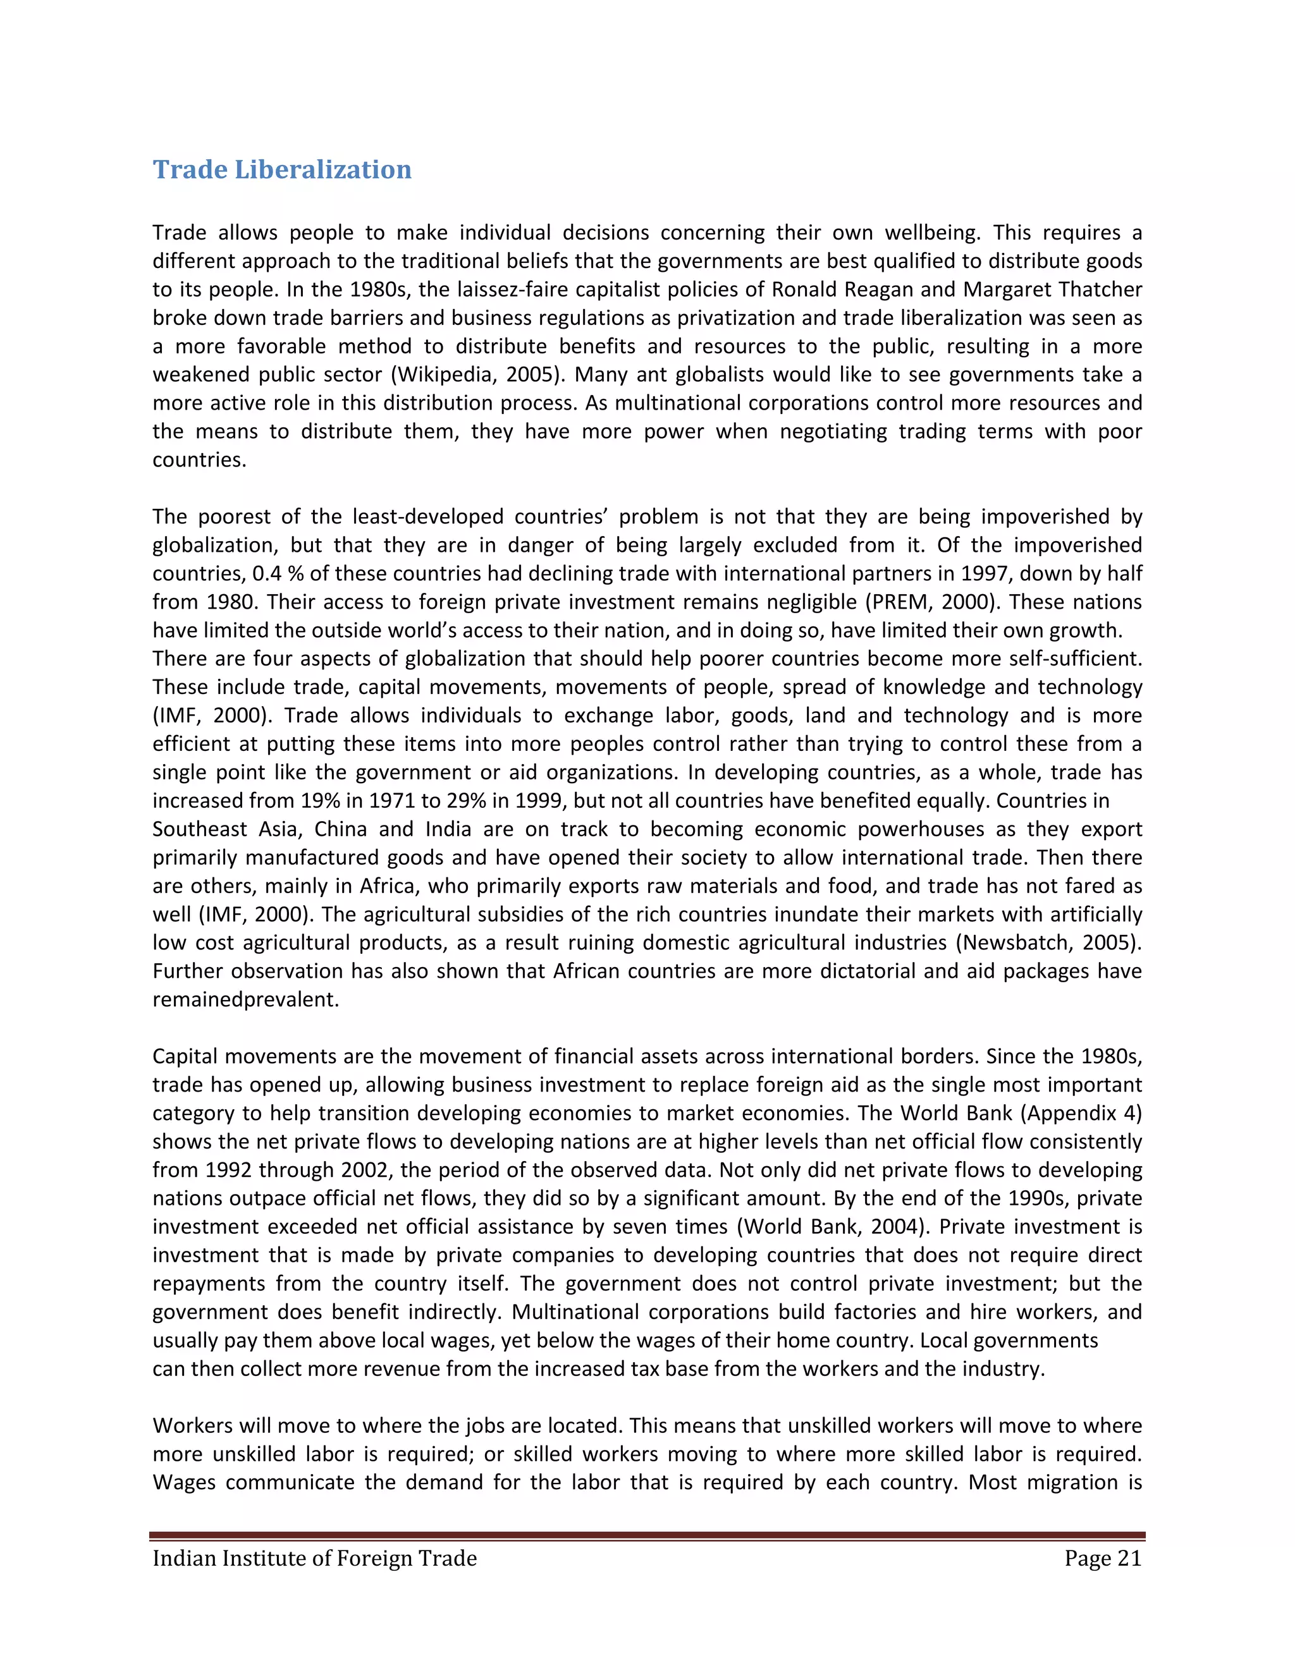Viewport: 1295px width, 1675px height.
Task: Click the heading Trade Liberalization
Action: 281,169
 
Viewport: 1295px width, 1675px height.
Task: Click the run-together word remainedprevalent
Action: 245,999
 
